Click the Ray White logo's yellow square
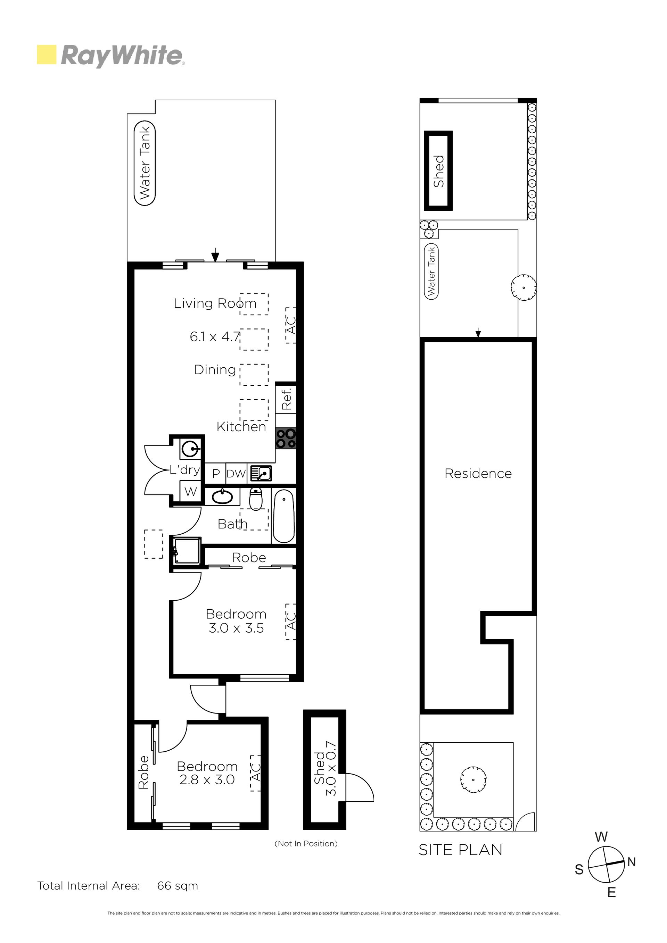tap(47, 55)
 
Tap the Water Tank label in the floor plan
tap(145, 163)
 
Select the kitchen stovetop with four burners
tap(286, 438)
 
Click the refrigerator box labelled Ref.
tap(286, 399)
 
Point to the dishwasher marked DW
tap(236, 474)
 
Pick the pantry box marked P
tap(216, 474)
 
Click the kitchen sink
tap(261, 474)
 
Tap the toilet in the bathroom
tap(256, 499)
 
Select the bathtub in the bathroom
tap(284, 516)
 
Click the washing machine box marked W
tap(191, 491)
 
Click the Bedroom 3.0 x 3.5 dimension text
tap(236, 628)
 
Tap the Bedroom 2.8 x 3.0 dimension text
tap(207, 779)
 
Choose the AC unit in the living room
tap(290, 325)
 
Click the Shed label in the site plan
tap(438, 171)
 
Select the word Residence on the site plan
tap(478, 474)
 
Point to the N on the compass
tap(631, 862)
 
